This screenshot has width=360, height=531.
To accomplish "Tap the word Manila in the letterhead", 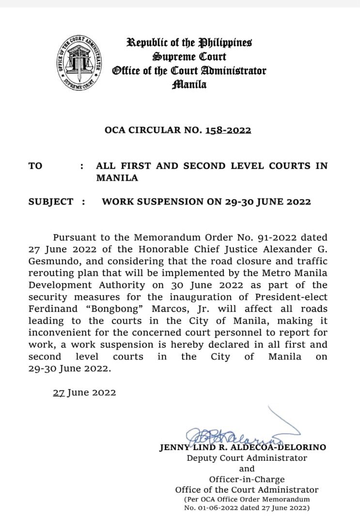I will pyautogui.click(x=189, y=85).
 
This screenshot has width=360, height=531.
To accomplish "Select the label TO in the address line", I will pyautogui.click(x=35, y=166).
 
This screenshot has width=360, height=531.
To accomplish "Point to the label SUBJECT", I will pyautogui.click(x=51, y=202).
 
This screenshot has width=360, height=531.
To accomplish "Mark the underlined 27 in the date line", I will pyautogui.click(x=59, y=392).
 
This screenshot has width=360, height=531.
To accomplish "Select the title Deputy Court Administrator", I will pyautogui.click(x=247, y=458).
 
